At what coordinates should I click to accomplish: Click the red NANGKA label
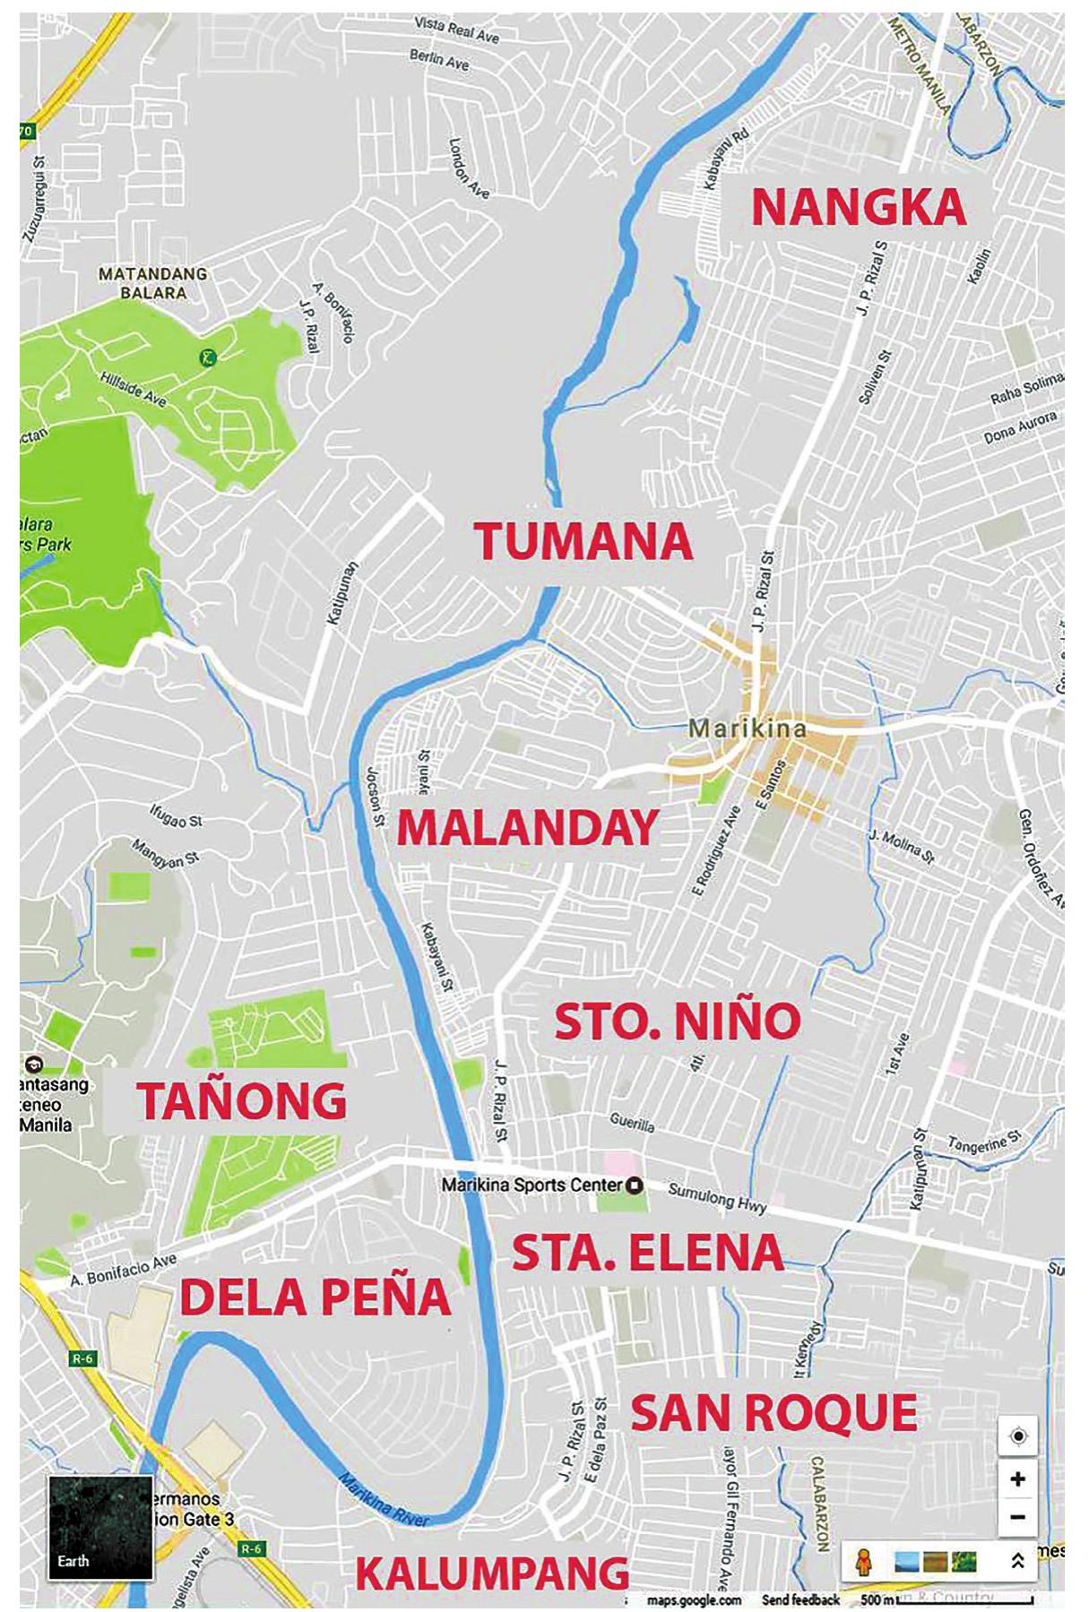[x=858, y=208]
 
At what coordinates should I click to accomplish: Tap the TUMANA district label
[x=583, y=541]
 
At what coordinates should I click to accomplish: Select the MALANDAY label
[x=527, y=828]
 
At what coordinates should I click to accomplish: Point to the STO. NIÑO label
[x=677, y=1022]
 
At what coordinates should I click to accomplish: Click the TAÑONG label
[x=242, y=1101]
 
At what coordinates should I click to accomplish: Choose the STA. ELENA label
[x=647, y=1253]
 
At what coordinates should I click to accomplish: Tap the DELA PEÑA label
[x=315, y=1297]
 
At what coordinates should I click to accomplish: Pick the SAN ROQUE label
[x=774, y=1414]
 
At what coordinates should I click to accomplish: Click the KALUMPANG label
[x=492, y=1573]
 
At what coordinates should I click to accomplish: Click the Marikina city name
[x=747, y=728]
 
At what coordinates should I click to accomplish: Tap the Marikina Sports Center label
[x=532, y=1185]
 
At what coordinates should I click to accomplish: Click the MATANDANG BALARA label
[x=152, y=283]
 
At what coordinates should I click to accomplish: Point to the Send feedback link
[x=800, y=1599]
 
